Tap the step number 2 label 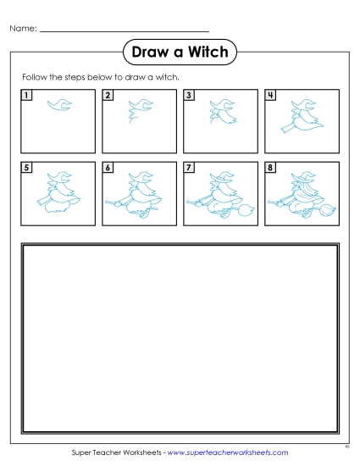108,95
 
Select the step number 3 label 189,95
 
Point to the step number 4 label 269,95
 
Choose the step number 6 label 108,168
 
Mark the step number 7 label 189,168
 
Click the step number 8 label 269,168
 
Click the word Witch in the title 204,53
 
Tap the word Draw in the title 148,53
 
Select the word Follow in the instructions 36,77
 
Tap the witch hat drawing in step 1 57,106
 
